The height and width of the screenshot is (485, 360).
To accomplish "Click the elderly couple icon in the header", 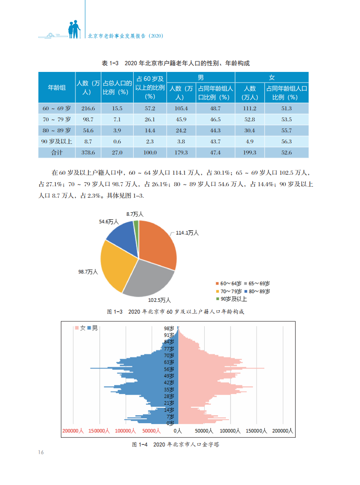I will tap(75, 29).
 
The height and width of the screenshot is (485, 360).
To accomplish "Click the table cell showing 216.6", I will tap(88, 109).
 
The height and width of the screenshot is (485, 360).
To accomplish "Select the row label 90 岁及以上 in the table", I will tap(56, 141).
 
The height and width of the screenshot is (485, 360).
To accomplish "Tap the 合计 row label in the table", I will tap(56, 152).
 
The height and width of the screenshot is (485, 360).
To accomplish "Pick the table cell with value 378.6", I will tap(88, 152).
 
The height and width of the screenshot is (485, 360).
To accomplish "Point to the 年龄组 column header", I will tap(56, 88).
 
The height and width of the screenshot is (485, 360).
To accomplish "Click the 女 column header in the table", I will tap(272, 77).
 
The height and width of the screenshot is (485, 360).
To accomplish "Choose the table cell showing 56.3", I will tap(287, 141).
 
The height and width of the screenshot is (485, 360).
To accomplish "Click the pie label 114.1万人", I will tap(188, 233).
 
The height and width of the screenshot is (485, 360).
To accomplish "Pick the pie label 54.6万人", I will tap(109, 222).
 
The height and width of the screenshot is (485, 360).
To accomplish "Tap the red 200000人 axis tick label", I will tap(73, 431).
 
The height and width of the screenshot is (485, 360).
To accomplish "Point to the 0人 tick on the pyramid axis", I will tap(178, 431).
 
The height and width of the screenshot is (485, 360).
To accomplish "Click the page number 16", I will tap(41, 452).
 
